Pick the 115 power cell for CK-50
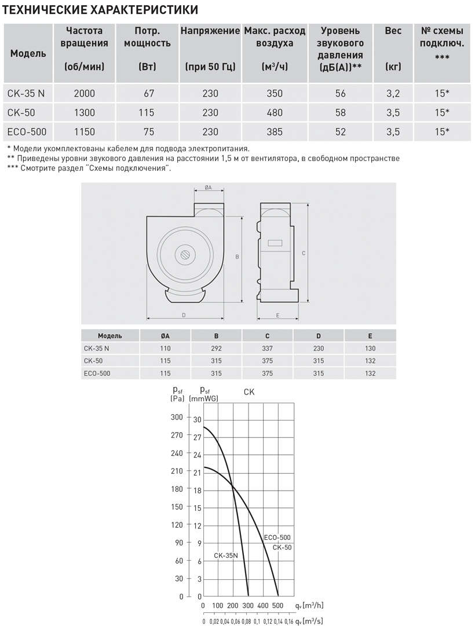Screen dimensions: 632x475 coord(147,112)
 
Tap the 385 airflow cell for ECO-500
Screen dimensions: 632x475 coord(275,132)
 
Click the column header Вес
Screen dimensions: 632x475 coord(393,31)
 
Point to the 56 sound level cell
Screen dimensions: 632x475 coord(341,93)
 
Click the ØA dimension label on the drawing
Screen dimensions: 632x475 coord(209,188)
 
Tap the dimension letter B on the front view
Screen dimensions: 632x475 coord(237,256)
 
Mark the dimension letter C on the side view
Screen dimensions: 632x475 coord(304,253)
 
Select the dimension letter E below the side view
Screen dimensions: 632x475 coord(278,315)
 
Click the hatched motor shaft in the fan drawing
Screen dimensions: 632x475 coord(185,254)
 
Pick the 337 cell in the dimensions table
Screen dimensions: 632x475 coord(267,349)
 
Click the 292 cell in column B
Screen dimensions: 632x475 coord(217,349)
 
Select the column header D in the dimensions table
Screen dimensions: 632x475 coord(319,336)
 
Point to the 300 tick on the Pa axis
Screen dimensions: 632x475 coord(177,417)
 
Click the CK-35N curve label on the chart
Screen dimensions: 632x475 coord(226,555)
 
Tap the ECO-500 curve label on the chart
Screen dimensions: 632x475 coord(277,538)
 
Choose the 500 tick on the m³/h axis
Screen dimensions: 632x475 coord(279,606)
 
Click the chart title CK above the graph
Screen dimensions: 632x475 coord(249,392)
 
